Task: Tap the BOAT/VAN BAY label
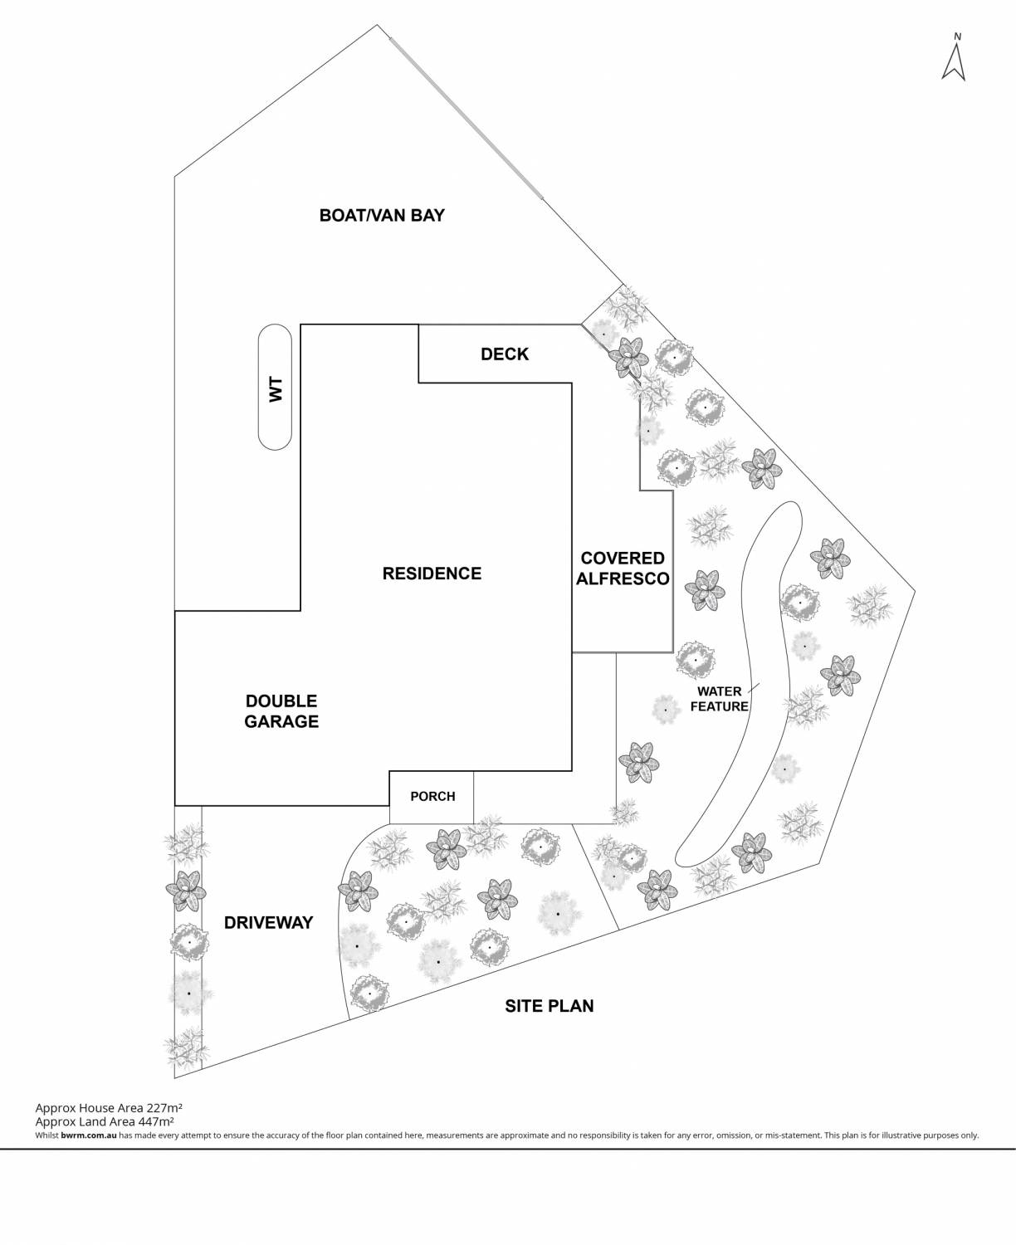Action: coord(382,216)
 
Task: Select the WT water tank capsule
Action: coord(275,387)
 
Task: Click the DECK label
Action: coord(505,354)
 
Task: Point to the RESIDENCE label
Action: coord(432,574)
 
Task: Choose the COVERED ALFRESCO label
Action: coord(623,569)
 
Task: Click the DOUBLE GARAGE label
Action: coord(281,711)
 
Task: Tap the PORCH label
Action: coord(432,797)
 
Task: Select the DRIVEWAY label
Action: coord(268,923)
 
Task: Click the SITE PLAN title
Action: coord(550,1007)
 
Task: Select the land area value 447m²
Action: coord(157,1121)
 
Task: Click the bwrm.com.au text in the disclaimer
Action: coord(88,1135)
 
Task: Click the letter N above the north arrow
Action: coord(958,37)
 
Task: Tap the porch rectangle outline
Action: coord(432,774)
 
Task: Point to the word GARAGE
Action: coord(281,722)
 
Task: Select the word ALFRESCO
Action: coord(623,579)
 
